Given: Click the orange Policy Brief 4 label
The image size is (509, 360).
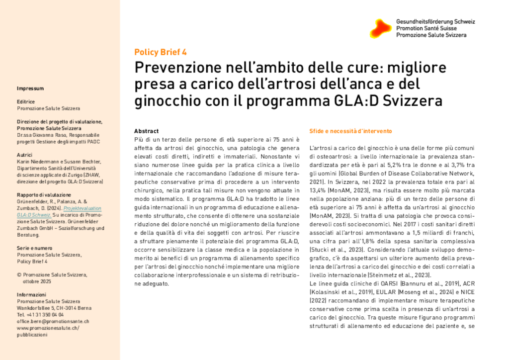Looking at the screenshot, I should [160, 52].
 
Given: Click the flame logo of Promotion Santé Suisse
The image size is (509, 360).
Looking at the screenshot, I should [380, 28].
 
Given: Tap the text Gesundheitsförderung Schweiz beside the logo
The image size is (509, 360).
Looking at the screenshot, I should [435, 22].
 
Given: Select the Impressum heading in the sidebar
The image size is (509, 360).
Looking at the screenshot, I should [30, 89].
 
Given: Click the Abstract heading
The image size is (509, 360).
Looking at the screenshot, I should [147, 131].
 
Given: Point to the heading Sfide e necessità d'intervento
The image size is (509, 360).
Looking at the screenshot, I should [350, 131].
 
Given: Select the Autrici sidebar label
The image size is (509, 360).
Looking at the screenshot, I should [24, 155].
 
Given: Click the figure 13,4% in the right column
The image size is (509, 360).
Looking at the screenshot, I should [318, 189].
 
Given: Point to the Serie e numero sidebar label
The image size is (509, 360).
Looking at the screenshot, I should [34, 248].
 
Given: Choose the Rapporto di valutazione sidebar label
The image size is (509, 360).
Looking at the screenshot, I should [44, 195].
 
